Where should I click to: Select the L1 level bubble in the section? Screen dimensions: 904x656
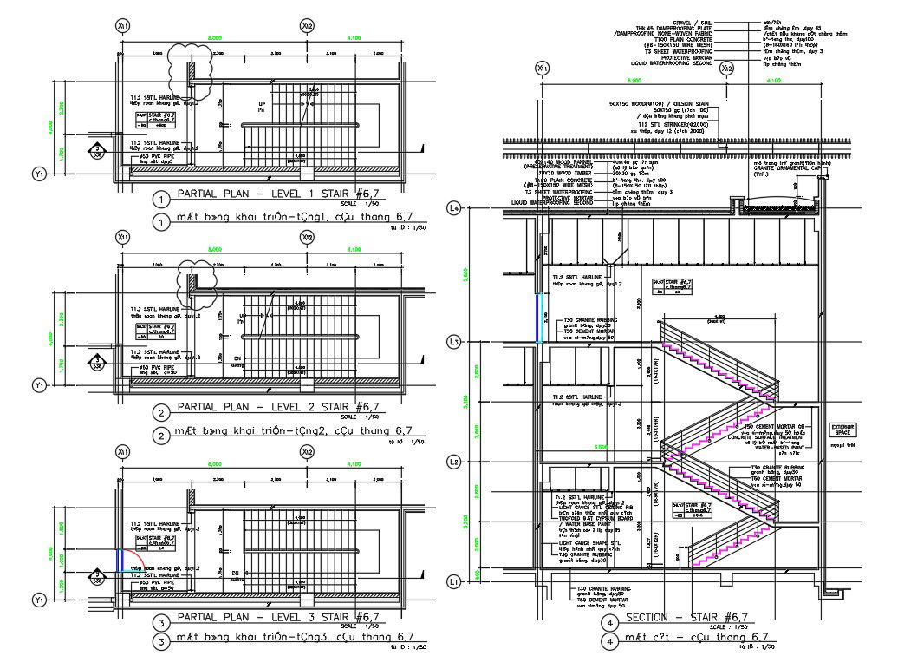(x=452, y=581)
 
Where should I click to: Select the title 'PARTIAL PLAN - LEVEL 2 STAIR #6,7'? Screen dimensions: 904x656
(x=277, y=405)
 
